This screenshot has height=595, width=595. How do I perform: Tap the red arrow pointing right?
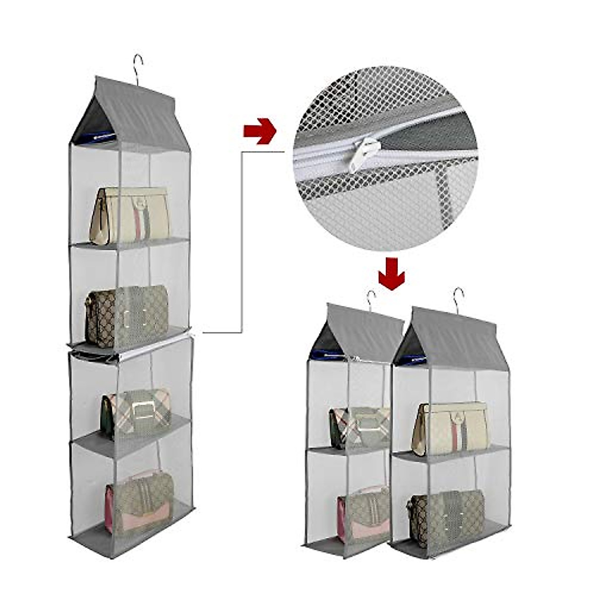pyautogui.click(x=259, y=131)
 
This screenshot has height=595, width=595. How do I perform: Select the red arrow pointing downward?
pyautogui.click(x=392, y=273)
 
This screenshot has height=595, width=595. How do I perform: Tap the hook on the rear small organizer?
pyautogui.click(x=371, y=300)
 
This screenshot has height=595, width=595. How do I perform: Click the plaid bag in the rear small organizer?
pyautogui.click(x=359, y=426)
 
